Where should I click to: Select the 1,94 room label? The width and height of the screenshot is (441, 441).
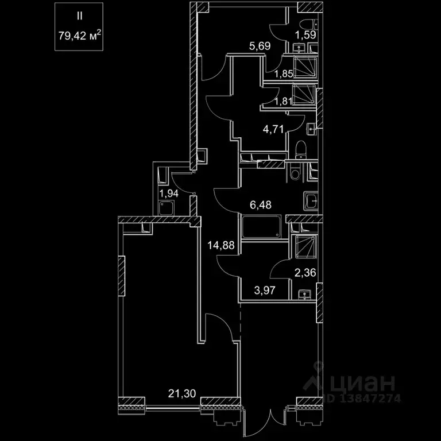pyautogui.click(x=169, y=194)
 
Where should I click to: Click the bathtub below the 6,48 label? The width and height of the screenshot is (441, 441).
pyautogui.click(x=262, y=228)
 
